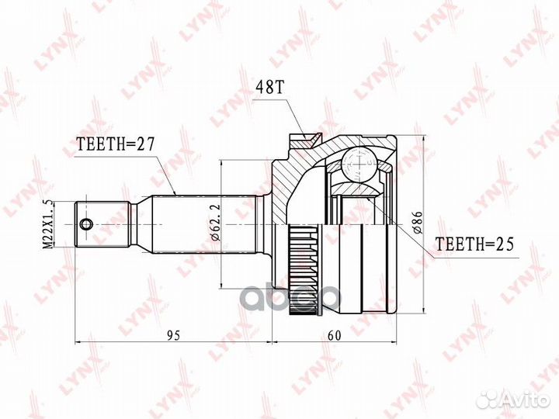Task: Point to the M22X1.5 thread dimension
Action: (x=47, y=223)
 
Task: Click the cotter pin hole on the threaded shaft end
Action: (x=85, y=225)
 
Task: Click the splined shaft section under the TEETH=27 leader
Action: (x=182, y=224)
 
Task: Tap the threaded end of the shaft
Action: (x=101, y=224)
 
